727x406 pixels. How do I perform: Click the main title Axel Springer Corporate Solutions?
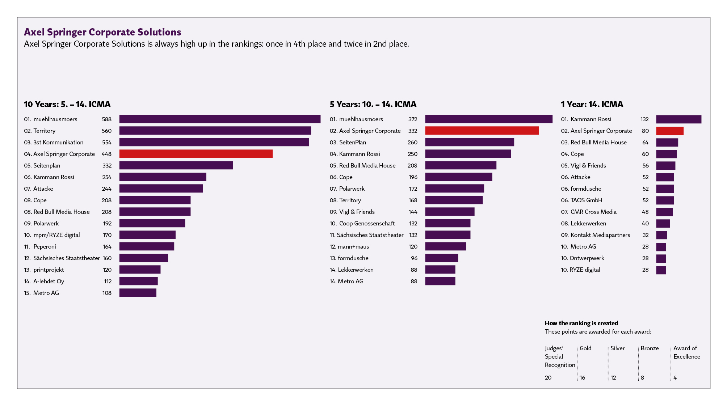(x=102, y=32)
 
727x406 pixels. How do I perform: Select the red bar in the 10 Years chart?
(x=196, y=154)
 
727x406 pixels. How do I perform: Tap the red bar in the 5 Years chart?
(x=482, y=131)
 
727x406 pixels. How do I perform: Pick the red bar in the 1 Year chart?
(x=669, y=131)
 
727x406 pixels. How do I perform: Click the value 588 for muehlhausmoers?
(x=106, y=119)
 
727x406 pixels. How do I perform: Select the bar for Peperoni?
(x=147, y=246)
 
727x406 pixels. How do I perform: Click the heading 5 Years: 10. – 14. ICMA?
(x=373, y=104)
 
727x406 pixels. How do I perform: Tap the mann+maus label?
(x=353, y=246)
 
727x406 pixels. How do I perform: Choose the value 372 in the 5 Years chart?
(x=413, y=119)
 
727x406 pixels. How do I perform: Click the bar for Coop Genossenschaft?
(x=447, y=223)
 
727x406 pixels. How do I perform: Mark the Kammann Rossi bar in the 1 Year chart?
(x=678, y=119)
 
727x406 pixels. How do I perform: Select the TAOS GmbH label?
(x=586, y=200)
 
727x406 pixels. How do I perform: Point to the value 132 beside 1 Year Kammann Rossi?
(x=644, y=119)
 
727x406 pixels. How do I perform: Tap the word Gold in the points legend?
(x=585, y=348)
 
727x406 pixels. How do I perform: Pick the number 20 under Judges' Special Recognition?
(x=548, y=377)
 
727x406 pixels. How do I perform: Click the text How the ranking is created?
(x=581, y=323)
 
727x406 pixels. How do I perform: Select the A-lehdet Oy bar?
(x=138, y=281)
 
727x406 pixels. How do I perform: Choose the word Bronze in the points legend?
(x=650, y=348)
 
